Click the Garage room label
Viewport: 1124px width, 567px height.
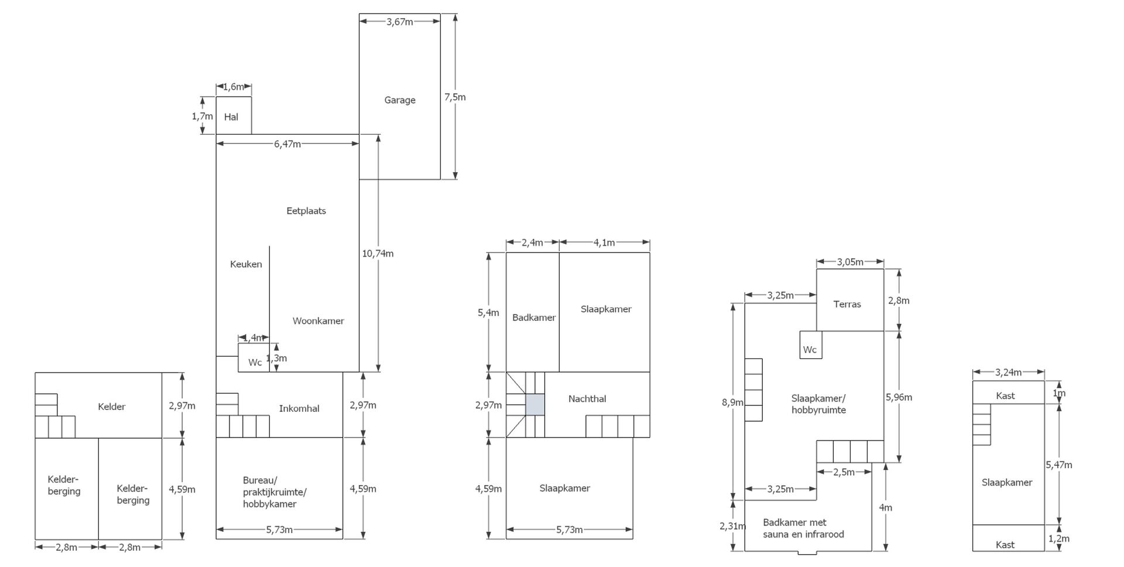pyautogui.click(x=400, y=100)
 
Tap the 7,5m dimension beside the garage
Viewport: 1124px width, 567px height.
pyautogui.click(x=455, y=97)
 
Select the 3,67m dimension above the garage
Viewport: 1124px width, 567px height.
pyautogui.click(x=399, y=22)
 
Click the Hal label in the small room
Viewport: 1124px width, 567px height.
pyautogui.click(x=231, y=117)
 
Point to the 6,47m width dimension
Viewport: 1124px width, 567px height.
pyautogui.click(x=287, y=144)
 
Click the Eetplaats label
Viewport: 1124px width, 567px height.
pyautogui.click(x=306, y=211)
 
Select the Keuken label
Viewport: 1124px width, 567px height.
pyautogui.click(x=246, y=264)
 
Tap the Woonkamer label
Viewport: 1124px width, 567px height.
pyautogui.click(x=318, y=321)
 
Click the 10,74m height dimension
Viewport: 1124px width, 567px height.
pyautogui.click(x=378, y=254)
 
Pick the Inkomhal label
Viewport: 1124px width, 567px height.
pyautogui.click(x=299, y=408)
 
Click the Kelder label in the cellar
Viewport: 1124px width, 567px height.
pyautogui.click(x=111, y=407)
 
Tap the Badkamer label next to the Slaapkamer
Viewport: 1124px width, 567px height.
pyautogui.click(x=534, y=317)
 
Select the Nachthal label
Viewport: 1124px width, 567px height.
pyautogui.click(x=587, y=399)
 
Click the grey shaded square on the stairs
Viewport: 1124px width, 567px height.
pyautogui.click(x=535, y=405)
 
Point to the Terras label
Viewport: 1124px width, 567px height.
pyautogui.click(x=847, y=304)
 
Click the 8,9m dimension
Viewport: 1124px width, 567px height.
pyautogui.click(x=732, y=402)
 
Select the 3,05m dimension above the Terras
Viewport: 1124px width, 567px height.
pyautogui.click(x=850, y=262)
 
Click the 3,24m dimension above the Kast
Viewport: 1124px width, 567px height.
pyautogui.click(x=1008, y=372)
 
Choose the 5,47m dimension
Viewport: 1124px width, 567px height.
pyautogui.click(x=1059, y=465)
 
